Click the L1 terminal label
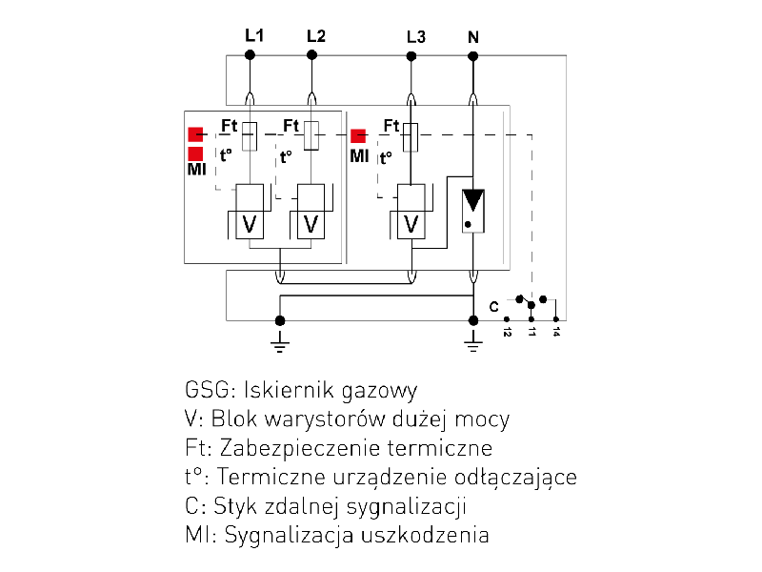254,35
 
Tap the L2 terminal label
315,36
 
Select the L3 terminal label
415,37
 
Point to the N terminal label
473,37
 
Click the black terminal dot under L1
251,55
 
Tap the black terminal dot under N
473,55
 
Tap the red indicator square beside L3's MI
358,135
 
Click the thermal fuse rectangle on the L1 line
250,135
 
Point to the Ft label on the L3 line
391,125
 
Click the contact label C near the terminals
493,307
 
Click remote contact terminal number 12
508,333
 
